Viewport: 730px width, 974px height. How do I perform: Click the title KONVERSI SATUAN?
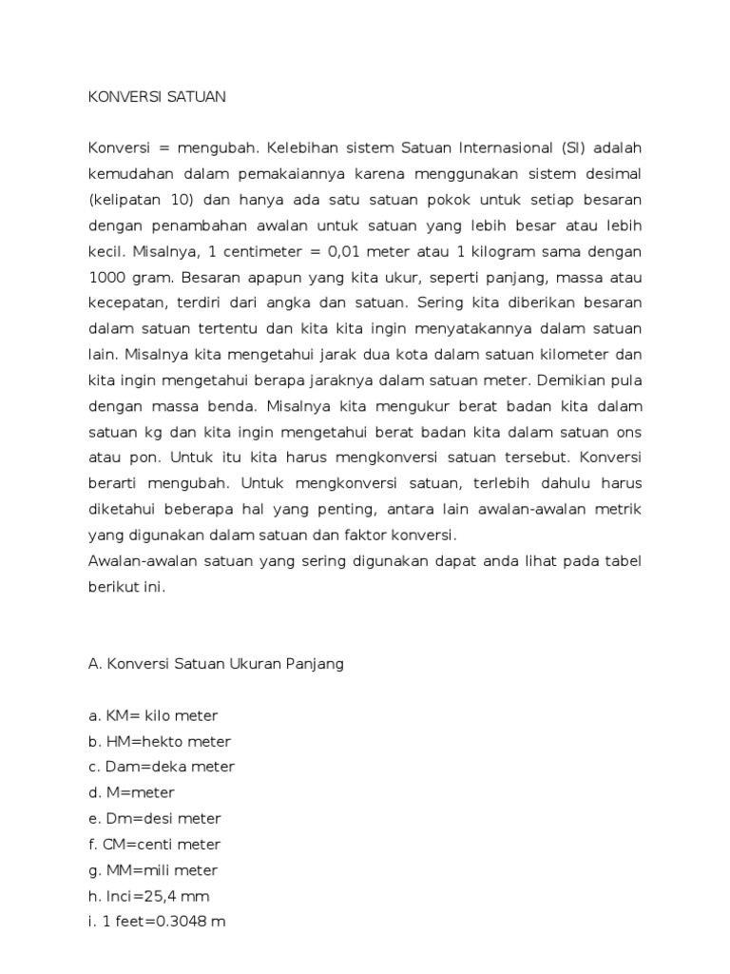click(x=157, y=97)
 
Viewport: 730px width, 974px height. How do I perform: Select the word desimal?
click(x=611, y=175)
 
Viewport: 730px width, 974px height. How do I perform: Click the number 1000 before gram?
click(x=108, y=278)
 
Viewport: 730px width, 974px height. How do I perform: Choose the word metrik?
click(x=617, y=509)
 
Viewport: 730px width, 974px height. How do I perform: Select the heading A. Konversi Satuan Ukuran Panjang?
click(x=216, y=664)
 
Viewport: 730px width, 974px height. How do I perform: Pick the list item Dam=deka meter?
click(x=162, y=767)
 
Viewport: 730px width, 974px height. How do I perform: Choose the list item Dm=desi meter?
click(x=155, y=818)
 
